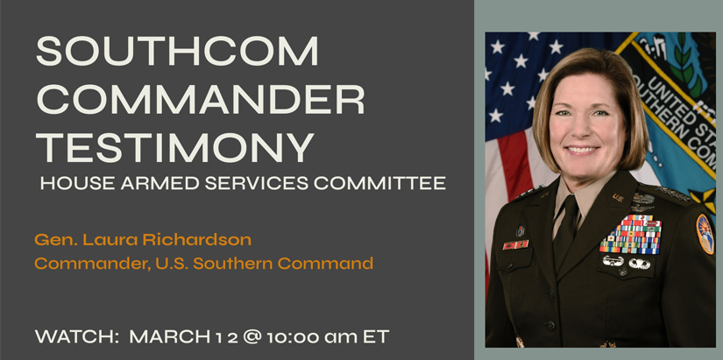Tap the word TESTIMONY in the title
click(174, 146)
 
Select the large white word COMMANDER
click(200, 101)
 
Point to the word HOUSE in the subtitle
click(69, 185)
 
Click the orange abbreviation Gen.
click(53, 239)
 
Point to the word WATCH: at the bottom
click(74, 335)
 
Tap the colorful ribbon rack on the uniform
click(630, 234)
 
